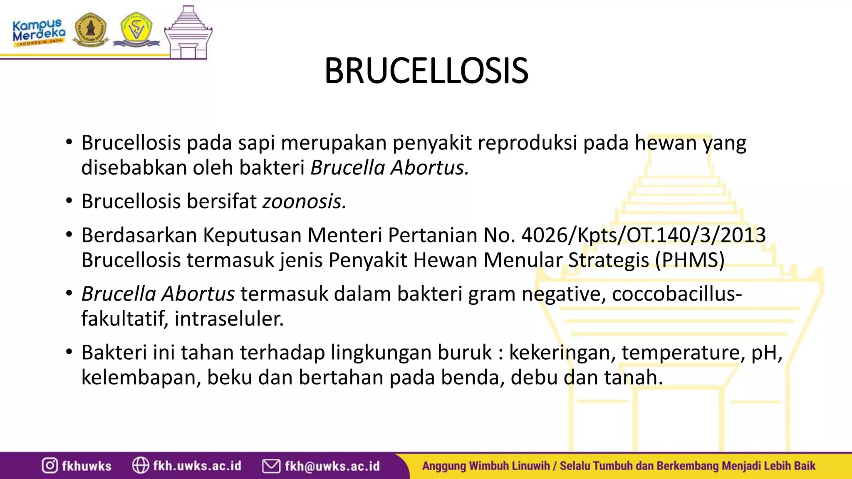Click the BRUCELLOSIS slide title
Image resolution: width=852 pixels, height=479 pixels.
pos(426,71)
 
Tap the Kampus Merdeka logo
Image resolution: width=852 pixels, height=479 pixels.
pos(39,32)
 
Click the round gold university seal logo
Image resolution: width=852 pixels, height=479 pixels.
pos(90,30)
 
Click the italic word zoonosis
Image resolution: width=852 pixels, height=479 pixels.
pos(304,202)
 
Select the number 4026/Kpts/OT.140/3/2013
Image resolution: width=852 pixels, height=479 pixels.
pos(643,235)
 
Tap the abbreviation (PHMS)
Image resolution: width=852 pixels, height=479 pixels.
pos(690,260)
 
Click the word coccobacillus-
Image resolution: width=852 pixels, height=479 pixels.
pos(677,294)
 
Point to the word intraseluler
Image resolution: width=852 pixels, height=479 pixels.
pos(229,319)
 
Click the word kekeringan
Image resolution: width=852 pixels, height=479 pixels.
pos(562,353)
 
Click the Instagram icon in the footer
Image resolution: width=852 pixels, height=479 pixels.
pos(50,465)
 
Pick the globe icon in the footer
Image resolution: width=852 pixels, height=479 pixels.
pos(140,465)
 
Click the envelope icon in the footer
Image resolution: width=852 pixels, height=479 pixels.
pos(271,466)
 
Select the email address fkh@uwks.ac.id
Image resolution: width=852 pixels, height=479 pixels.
pos(332,466)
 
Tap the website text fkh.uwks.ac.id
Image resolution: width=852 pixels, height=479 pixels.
pos(197,465)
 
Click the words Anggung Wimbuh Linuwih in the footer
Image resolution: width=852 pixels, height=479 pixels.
pos(485,466)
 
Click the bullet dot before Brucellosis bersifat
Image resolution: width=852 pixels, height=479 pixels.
pos(69,202)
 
